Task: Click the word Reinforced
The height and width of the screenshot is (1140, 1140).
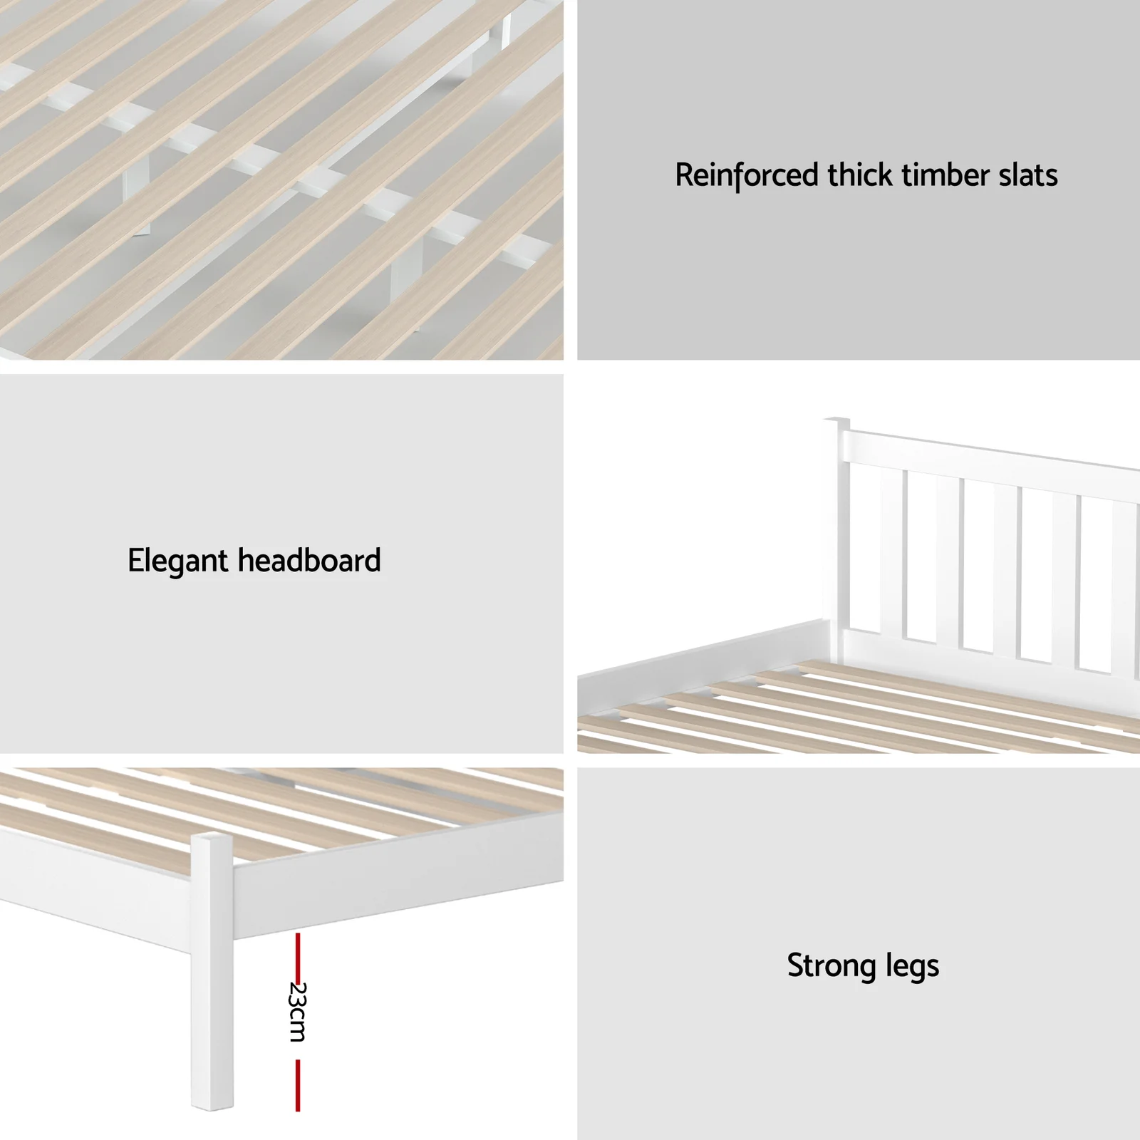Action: pyautogui.click(x=747, y=175)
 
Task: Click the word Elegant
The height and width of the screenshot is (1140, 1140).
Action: pyautogui.click(x=178, y=561)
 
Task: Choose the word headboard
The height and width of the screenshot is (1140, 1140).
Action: pyautogui.click(x=309, y=560)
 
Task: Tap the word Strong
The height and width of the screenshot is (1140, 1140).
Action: pyautogui.click(x=831, y=967)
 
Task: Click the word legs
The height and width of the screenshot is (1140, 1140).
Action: pyautogui.click(x=913, y=967)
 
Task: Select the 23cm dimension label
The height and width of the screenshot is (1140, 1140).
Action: pyautogui.click(x=298, y=1012)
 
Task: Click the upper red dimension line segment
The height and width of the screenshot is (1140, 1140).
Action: pyautogui.click(x=298, y=955)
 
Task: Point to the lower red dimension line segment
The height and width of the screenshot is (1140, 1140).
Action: pyautogui.click(x=298, y=1085)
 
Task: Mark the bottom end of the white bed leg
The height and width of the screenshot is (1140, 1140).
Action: pyautogui.click(x=212, y=1107)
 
